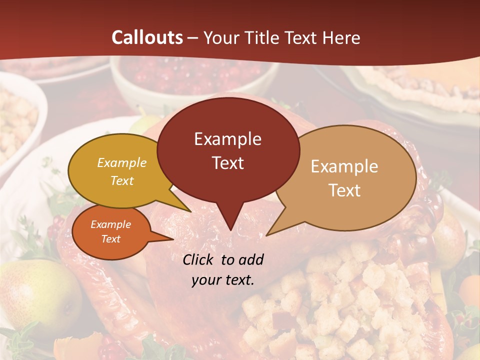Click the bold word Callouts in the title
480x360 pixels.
pos(147,37)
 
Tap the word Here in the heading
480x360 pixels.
pos(341,38)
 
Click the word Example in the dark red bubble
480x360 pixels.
pos(227,139)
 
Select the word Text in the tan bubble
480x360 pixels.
pos(344,190)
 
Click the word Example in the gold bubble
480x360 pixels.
pos(122,162)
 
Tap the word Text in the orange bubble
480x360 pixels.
pos(111,239)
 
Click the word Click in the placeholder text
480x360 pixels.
pos(199,259)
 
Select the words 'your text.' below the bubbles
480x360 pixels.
pos(223,280)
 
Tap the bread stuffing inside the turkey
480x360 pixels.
pos(340,300)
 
